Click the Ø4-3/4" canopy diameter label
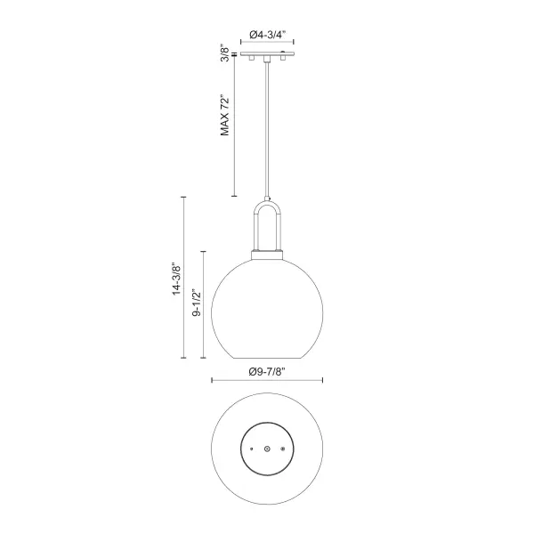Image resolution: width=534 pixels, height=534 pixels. (x=269, y=34)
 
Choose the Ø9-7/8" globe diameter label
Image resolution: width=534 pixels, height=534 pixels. (x=267, y=370)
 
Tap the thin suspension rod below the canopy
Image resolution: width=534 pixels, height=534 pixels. (x=268, y=133)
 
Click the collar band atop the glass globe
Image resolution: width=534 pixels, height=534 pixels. (x=268, y=255)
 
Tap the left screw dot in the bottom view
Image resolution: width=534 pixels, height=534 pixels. (x=253, y=449)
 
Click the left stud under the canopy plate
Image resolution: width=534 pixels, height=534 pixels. (x=252, y=58)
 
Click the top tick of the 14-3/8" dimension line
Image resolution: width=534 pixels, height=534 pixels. (x=184, y=198)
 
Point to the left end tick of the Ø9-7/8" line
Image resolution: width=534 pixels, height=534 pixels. (x=212, y=381)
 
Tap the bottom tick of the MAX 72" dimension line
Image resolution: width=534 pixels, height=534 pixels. (x=233, y=196)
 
